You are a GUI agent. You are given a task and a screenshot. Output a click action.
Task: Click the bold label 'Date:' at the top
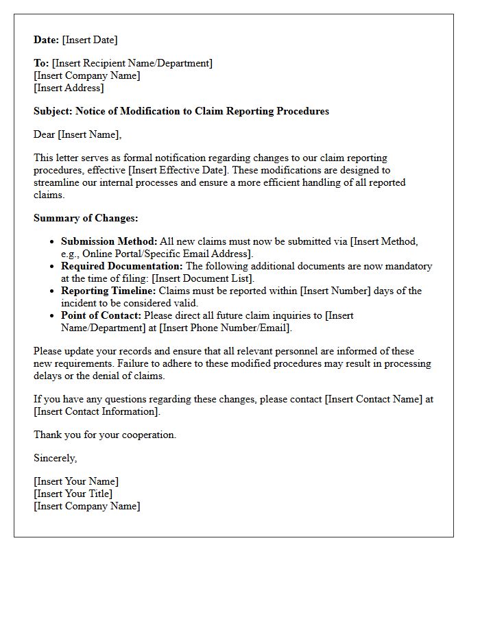click(x=47, y=40)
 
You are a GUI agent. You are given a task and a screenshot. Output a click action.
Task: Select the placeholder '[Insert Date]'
click(x=90, y=40)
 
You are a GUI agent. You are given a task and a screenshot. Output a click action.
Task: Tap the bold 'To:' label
click(x=41, y=63)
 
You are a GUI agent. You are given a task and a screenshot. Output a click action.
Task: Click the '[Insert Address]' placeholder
click(x=69, y=88)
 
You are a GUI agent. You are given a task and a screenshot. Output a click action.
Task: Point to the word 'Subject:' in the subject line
click(x=53, y=111)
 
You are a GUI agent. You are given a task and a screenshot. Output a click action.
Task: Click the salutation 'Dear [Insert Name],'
click(x=77, y=134)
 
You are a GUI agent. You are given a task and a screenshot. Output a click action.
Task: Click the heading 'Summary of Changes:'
click(x=86, y=218)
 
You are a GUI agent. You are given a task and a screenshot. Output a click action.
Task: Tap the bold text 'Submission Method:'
click(x=109, y=241)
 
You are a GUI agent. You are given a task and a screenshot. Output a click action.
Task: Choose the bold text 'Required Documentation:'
click(x=122, y=266)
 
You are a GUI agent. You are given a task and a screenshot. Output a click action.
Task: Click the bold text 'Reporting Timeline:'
click(x=108, y=291)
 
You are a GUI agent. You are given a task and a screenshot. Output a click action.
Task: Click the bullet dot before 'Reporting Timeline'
click(x=53, y=291)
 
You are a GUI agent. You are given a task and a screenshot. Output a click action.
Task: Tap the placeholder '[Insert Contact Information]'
click(x=97, y=411)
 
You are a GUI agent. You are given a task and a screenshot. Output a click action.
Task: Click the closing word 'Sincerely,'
click(x=56, y=458)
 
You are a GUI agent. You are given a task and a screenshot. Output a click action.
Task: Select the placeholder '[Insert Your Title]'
click(x=73, y=494)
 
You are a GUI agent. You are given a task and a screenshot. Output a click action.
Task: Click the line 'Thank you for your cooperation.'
click(x=105, y=435)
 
